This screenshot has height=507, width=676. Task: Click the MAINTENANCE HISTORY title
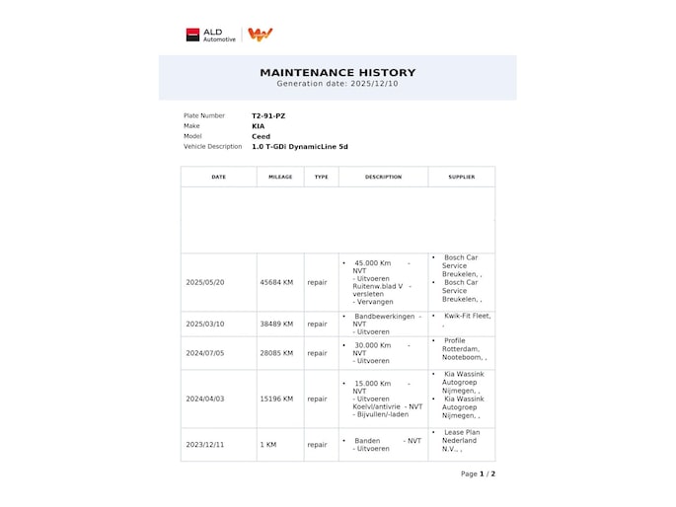338,72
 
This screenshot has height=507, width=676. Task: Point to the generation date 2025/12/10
338,84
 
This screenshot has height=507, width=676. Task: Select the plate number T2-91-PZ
268,115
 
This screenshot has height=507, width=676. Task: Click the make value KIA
258,126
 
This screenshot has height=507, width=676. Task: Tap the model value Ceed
261,136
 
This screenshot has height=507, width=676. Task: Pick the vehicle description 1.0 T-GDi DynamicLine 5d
300,147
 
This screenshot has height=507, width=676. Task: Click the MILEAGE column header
280,178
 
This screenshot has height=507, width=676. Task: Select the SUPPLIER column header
461,178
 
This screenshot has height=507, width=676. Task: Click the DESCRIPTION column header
383,178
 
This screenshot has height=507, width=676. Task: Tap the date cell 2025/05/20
205,282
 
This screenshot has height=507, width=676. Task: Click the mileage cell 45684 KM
276,282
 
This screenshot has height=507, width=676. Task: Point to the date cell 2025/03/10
205,324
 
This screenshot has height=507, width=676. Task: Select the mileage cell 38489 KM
276,324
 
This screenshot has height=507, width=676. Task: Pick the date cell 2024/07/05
205,353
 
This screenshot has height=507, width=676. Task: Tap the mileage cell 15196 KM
276,399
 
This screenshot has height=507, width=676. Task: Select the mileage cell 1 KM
268,445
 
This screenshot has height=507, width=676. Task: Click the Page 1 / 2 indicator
478,473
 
